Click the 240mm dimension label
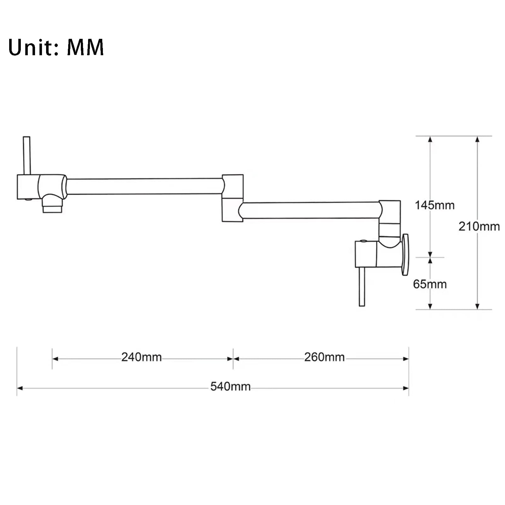pos(141,357)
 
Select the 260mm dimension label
pos(324,357)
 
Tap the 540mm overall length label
pos(230,386)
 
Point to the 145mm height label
pos(435,205)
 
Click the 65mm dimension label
pos(430,284)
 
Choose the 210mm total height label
pos(479,226)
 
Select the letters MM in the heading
pos(85,47)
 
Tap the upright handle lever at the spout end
pos(27,156)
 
